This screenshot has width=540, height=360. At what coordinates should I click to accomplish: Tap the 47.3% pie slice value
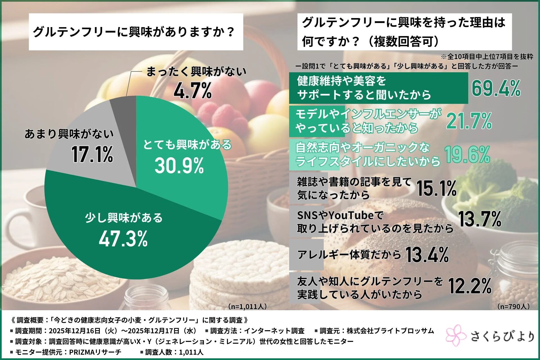[123, 238]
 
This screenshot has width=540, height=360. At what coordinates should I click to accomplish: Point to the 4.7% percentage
[193, 91]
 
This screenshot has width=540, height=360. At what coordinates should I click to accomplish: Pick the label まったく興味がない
[196, 71]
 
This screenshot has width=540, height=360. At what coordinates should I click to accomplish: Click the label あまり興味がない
[69, 134]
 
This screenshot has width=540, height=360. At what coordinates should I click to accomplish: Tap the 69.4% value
[496, 88]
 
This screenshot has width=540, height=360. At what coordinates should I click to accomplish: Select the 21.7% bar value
[469, 121]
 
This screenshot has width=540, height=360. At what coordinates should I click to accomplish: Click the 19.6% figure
[467, 154]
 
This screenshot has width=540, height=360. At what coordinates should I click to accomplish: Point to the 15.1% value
[436, 188]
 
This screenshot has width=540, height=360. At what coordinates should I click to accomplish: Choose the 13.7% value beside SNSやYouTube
[480, 219]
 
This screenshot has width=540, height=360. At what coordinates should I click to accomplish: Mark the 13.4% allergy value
[427, 255]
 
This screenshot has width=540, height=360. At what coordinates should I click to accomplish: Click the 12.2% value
[470, 286]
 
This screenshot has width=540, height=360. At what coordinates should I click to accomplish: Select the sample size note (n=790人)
[513, 306]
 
